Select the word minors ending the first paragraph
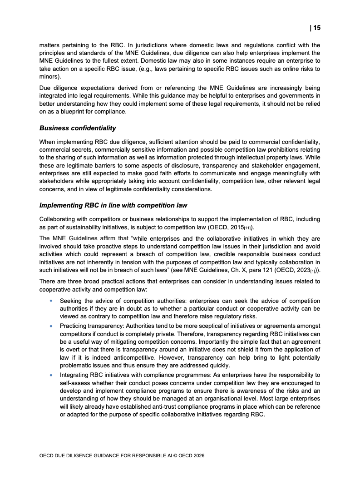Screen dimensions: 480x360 [49, 77]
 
